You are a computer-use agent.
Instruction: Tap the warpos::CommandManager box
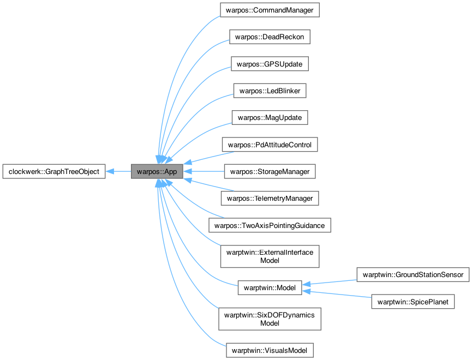[270, 10]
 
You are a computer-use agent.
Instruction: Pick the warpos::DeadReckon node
[270, 37]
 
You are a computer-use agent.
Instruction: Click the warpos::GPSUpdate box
[270, 64]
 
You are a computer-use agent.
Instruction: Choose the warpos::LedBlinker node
[270, 91]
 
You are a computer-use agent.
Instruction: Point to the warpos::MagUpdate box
[270, 117]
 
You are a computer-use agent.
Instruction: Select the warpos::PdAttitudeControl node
[270, 145]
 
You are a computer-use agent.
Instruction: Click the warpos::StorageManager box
[270, 171]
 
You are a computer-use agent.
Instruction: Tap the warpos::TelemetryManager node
[270, 198]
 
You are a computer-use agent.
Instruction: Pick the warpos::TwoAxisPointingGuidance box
[270, 225]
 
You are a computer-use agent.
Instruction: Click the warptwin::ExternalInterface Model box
[270, 256]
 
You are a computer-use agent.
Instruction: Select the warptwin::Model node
[270, 288]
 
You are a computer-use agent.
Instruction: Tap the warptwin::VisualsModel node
[270, 349]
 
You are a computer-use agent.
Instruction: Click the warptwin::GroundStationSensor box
[413, 274]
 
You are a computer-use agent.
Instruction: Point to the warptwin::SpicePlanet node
[413, 301]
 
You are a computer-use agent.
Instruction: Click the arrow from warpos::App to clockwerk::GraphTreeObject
[118, 171]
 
